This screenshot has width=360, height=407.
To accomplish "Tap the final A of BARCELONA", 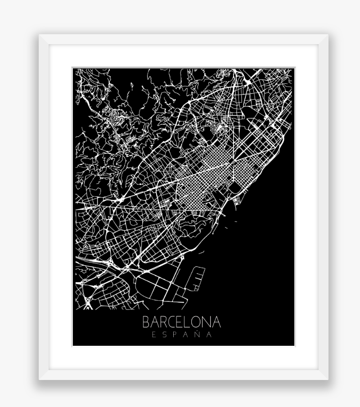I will pyautogui.click(x=217, y=322).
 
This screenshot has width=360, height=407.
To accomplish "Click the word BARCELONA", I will pyautogui.click(x=182, y=322).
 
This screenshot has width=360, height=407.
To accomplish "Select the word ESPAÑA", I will pyautogui.click(x=182, y=335).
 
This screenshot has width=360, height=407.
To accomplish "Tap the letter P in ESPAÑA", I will pyautogui.click(x=176, y=335).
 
